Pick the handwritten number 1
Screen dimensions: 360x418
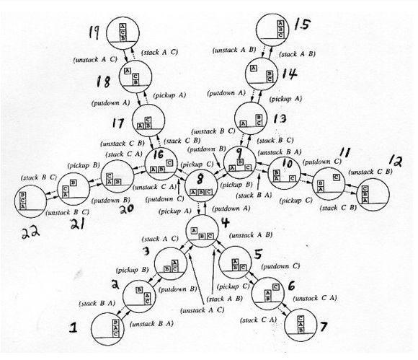coord(73,328)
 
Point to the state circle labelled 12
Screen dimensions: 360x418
coord(369,190)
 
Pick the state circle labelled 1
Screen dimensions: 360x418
coord(110,333)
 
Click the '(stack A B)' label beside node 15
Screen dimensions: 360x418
coord(298,54)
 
